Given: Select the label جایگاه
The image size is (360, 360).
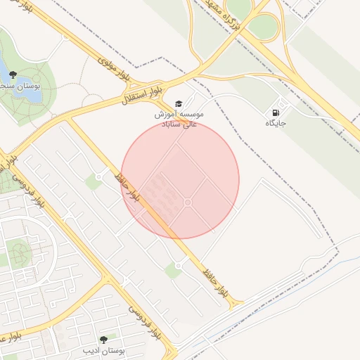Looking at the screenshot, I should [x=276, y=123].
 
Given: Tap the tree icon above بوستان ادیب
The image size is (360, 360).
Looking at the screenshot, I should [x=105, y=340].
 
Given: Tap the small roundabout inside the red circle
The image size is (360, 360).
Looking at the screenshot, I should [x=188, y=202].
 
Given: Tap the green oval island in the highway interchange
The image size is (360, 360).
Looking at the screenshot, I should [x=262, y=27].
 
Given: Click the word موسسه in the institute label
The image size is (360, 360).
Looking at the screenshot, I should [x=191, y=113].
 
